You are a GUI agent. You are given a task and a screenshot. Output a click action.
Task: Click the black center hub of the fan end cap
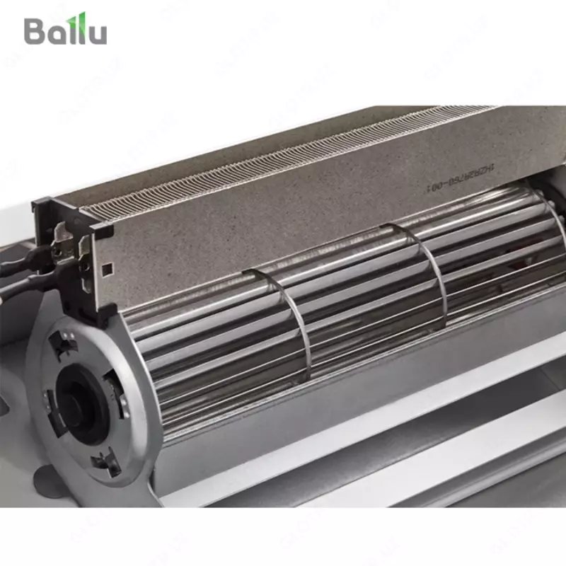[x=79, y=395]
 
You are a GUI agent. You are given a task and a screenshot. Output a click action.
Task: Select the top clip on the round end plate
[x=64, y=345]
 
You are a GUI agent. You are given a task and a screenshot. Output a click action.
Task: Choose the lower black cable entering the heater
[x=28, y=284]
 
